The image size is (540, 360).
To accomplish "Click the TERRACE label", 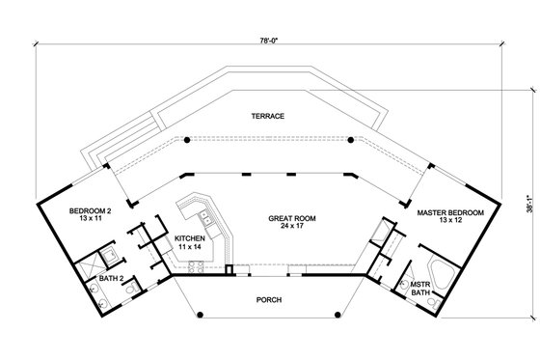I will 269,116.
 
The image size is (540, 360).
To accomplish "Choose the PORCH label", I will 269,298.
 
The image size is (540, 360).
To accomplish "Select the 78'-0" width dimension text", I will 269,40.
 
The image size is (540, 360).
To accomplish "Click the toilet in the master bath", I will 404,283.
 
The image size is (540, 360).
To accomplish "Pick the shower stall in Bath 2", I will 109,256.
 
